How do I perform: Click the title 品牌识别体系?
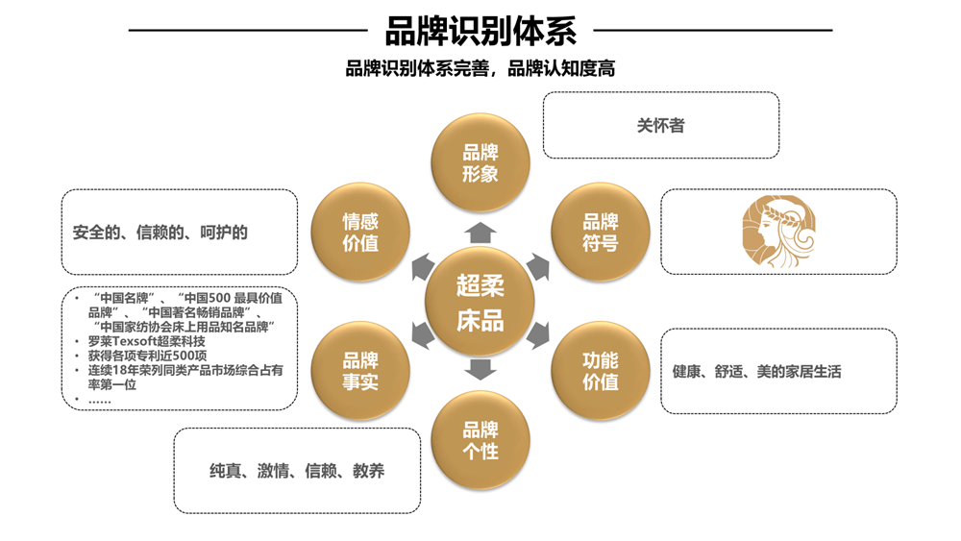pos(480,32)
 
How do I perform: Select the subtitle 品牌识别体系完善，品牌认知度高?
pos(480,69)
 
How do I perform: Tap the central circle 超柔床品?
pos(480,303)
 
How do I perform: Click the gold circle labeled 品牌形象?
pos(480,162)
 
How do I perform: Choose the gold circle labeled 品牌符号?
pos(600,233)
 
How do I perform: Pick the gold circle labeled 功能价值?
pos(600,371)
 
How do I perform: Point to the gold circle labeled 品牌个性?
pos(480,440)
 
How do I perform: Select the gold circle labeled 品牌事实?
pos(360,371)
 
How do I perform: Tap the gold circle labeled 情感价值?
pos(360,233)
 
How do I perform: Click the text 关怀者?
pos(661,126)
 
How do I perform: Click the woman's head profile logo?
pos(778,231)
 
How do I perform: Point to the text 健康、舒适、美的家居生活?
pos(757,372)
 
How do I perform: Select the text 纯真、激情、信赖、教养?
pos(297,471)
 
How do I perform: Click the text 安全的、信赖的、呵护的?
pos(160,233)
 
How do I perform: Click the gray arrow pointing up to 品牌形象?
pos(480,232)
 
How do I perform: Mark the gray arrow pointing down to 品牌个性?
pos(480,370)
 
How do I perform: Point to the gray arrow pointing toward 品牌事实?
pos(422,335)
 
